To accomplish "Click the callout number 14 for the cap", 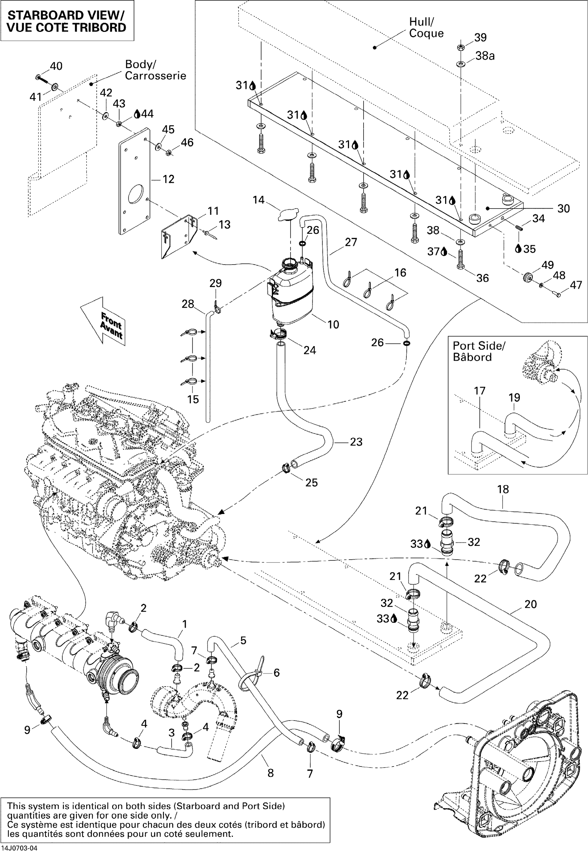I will click(x=258, y=200).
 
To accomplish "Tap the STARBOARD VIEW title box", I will click(x=67, y=21).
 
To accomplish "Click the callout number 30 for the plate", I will click(x=563, y=209).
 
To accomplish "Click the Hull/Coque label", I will click(x=426, y=28).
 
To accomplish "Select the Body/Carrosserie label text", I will click(x=155, y=70).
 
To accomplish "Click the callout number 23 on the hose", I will click(x=356, y=442).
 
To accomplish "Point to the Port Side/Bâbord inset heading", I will click(x=479, y=351).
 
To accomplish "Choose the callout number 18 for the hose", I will click(x=503, y=489).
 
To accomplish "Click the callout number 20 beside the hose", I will click(x=530, y=604).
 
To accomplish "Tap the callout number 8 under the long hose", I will click(x=270, y=773).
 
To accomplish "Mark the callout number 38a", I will click(x=485, y=56).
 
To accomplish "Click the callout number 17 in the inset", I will click(x=479, y=391).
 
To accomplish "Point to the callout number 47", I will click(x=576, y=285).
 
